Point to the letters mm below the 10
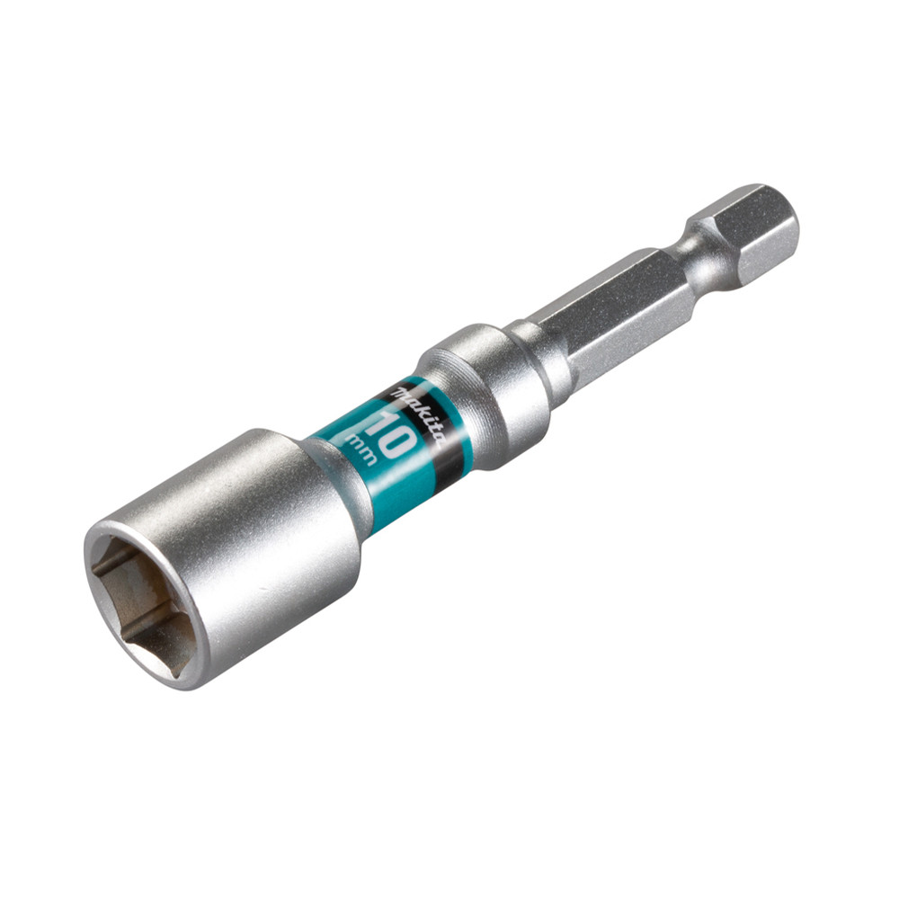(363, 450)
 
